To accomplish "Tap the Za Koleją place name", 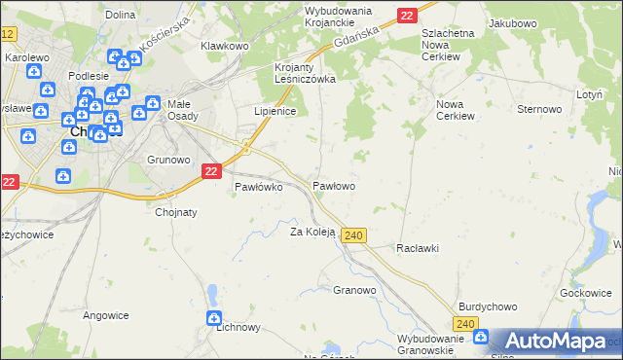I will [312, 232].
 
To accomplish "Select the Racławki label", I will [418, 248].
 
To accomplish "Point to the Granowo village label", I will [354, 290].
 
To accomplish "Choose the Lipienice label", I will [275, 111].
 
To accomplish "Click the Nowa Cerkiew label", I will [456, 109].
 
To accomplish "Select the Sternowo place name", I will [540, 109].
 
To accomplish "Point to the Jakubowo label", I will [514, 21].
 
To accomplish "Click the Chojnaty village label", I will [176, 210].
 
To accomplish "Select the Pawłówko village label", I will [258, 188].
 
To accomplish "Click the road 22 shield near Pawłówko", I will [212, 170].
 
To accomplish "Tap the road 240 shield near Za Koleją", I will [354, 236].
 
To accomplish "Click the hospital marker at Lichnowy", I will [214, 318].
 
